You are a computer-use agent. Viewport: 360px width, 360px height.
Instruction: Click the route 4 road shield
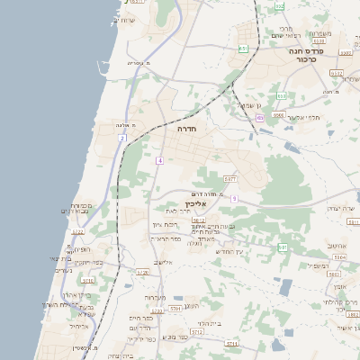tap(159, 160)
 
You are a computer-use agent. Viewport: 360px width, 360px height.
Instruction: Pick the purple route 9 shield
tap(234, 198)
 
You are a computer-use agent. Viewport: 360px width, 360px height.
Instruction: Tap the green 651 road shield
tap(242, 48)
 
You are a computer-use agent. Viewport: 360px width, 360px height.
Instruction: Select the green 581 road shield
tap(283, 246)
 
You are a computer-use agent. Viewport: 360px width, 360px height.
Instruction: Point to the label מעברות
tap(155, 297)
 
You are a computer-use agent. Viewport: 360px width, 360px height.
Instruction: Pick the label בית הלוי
tap(210, 322)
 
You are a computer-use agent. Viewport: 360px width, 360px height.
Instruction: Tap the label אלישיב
tap(163, 262)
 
